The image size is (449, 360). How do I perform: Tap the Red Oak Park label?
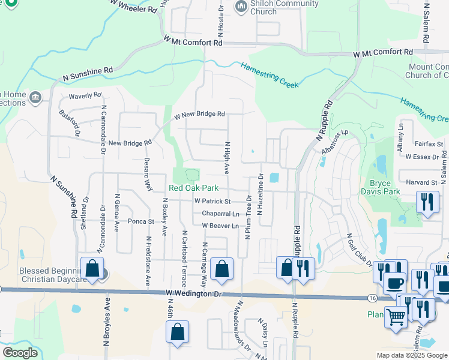pos(193,188)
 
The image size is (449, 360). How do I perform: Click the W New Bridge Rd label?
pos(199,114)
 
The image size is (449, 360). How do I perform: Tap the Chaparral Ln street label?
pos(220,214)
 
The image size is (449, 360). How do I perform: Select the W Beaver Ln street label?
pos(220,226)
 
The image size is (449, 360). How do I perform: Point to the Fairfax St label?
pos(429,144)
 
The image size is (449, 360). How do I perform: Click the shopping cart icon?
pos(396,318)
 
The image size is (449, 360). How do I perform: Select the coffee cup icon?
pos(394,283)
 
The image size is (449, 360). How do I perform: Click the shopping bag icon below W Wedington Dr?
pos(178,331)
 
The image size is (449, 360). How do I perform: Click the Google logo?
pos(20,353)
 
